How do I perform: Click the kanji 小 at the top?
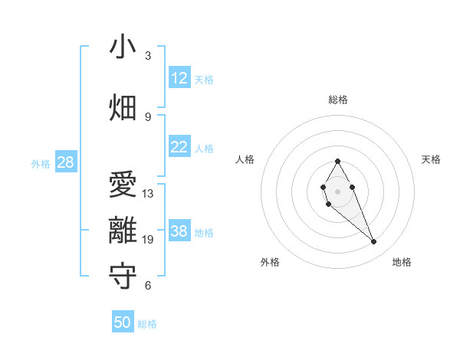[x=122, y=47]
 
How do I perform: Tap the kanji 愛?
[x=122, y=185]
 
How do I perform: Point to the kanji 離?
[x=122, y=231]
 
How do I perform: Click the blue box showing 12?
[x=179, y=78]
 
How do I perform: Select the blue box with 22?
[x=179, y=148]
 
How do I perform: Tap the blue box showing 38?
[x=179, y=231]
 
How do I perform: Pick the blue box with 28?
[x=65, y=162]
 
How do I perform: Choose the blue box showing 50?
[x=123, y=322]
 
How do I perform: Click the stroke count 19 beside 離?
[x=148, y=240]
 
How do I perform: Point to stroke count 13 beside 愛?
[x=148, y=194]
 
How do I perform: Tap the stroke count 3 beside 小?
[x=148, y=55]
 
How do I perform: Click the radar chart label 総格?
[x=337, y=100]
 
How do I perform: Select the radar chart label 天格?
[x=431, y=159]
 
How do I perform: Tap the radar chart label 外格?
[x=270, y=262]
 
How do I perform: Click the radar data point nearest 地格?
[x=374, y=242]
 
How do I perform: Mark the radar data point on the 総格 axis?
[x=337, y=161]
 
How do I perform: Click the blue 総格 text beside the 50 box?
[x=147, y=324]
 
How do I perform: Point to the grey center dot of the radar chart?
[x=337, y=191]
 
